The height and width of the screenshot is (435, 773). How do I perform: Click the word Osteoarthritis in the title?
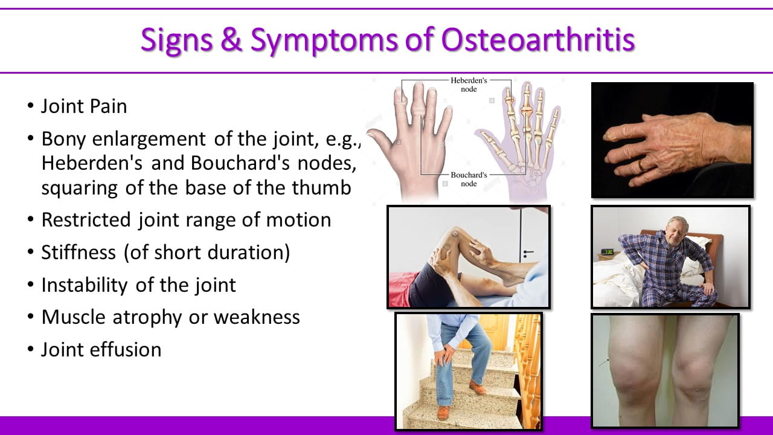coord(538,40)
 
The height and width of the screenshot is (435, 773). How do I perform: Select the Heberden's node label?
coord(469,85)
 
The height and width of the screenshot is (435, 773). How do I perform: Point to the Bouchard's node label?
coord(469,179)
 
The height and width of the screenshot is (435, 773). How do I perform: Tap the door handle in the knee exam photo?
coord(528,254)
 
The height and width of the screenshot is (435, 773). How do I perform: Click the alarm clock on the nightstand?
coord(608,252)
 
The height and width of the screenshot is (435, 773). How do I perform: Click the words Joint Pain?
coord(84,106)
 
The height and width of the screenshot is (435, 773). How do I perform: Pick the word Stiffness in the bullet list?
coord(79,253)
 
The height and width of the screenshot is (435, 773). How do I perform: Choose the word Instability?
coord(85,286)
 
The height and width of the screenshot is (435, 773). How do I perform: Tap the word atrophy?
coord(147,318)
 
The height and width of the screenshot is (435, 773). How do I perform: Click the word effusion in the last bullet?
coord(126,349)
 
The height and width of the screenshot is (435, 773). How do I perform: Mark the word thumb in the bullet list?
coord(322,188)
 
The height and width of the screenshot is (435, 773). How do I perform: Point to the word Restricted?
coord(86,220)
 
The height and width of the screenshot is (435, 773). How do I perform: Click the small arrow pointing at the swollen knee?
coord(603,362)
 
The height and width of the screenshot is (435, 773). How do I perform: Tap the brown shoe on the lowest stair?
coord(443,413)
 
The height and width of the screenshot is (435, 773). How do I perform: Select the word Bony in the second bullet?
coord(63,140)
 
